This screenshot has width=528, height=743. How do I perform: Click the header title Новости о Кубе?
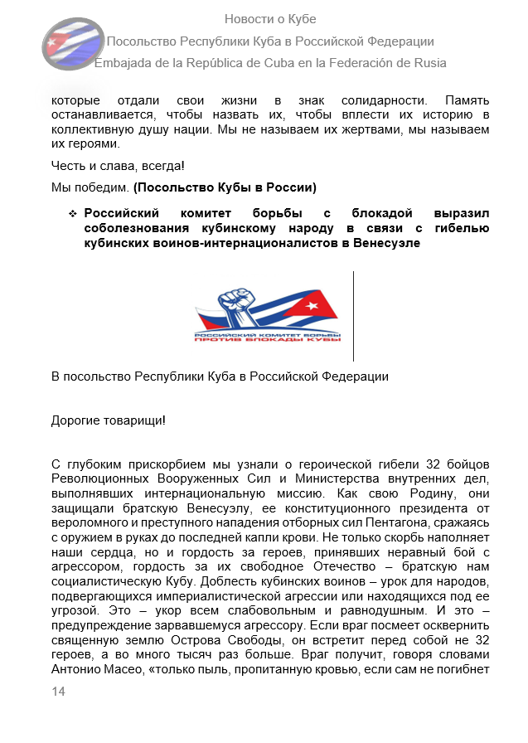pos(270,19)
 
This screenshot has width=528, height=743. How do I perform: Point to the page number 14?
pos(58,692)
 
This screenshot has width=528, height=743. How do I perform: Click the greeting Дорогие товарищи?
pos(108,420)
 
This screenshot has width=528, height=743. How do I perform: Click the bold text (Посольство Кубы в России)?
pos(225,186)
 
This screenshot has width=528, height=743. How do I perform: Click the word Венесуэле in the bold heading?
pos(379,243)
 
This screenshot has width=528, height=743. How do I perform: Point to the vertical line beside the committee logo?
pos(353,315)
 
